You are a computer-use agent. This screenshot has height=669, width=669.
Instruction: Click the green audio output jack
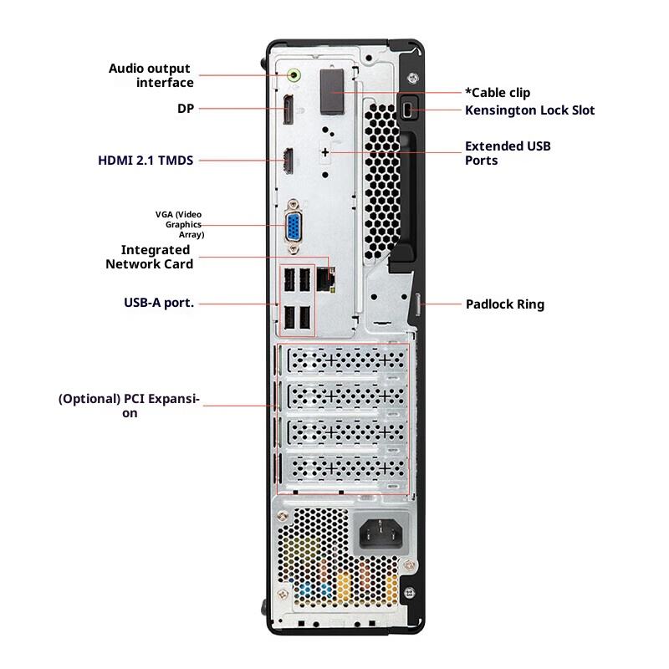coord(293,75)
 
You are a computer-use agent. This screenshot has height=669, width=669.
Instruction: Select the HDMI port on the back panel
coord(287,160)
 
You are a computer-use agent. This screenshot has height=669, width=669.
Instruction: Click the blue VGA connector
coord(294,225)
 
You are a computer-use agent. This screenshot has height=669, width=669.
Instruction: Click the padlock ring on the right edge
coord(421,304)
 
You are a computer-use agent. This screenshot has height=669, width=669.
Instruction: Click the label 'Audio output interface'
coord(151,75)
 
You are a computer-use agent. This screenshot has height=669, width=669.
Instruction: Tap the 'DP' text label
coord(185,109)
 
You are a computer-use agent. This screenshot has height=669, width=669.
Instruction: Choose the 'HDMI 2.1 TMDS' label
coord(146,159)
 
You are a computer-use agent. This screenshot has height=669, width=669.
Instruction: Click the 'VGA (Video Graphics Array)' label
coord(179,224)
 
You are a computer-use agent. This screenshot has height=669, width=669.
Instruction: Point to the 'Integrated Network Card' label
coord(150,257)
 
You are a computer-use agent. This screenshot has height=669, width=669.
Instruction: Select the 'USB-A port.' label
coord(158,303)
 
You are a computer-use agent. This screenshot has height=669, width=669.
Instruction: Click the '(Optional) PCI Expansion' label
coord(130,406)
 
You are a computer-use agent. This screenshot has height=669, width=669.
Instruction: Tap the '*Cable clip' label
coord(497,92)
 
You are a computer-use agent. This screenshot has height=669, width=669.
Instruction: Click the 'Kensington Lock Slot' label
coord(530,110)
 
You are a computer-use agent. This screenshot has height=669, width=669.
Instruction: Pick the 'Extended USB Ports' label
coord(508,153)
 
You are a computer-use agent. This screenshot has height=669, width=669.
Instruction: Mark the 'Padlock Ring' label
coord(504,304)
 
